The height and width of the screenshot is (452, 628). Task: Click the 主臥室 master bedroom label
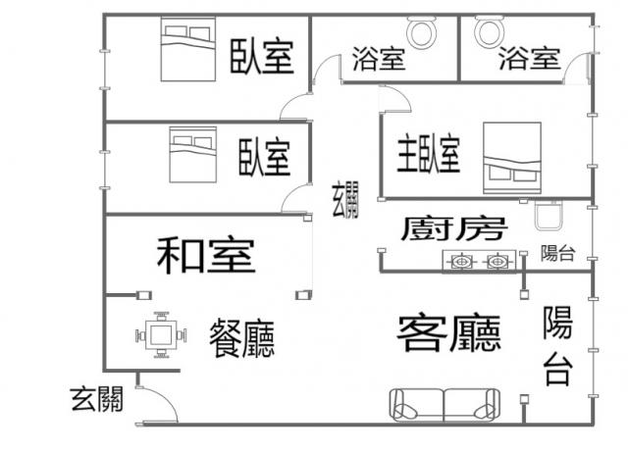[429, 153]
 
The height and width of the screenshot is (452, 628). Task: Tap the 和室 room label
[206, 256]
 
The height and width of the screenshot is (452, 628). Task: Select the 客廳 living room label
[449, 333]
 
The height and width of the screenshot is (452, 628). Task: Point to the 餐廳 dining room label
[242, 338]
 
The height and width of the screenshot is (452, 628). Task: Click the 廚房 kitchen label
[454, 228]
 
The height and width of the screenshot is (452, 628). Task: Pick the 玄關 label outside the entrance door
[97, 399]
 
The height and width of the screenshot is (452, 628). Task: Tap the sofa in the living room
[445, 405]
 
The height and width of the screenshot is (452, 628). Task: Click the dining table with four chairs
[161, 334]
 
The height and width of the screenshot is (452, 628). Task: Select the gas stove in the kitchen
[479, 262]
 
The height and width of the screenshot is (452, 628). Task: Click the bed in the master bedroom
[512, 158]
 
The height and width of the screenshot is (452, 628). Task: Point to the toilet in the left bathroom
[421, 31]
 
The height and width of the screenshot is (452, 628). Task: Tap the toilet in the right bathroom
[490, 30]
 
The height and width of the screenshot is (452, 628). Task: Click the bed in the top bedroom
[188, 49]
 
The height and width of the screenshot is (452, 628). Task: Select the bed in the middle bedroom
[193, 155]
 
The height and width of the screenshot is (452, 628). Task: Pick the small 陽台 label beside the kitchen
[557, 253]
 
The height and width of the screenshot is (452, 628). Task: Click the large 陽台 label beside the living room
[557, 345]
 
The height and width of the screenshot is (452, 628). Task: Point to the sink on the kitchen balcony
[549, 216]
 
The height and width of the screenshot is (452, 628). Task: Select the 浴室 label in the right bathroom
[529, 59]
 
